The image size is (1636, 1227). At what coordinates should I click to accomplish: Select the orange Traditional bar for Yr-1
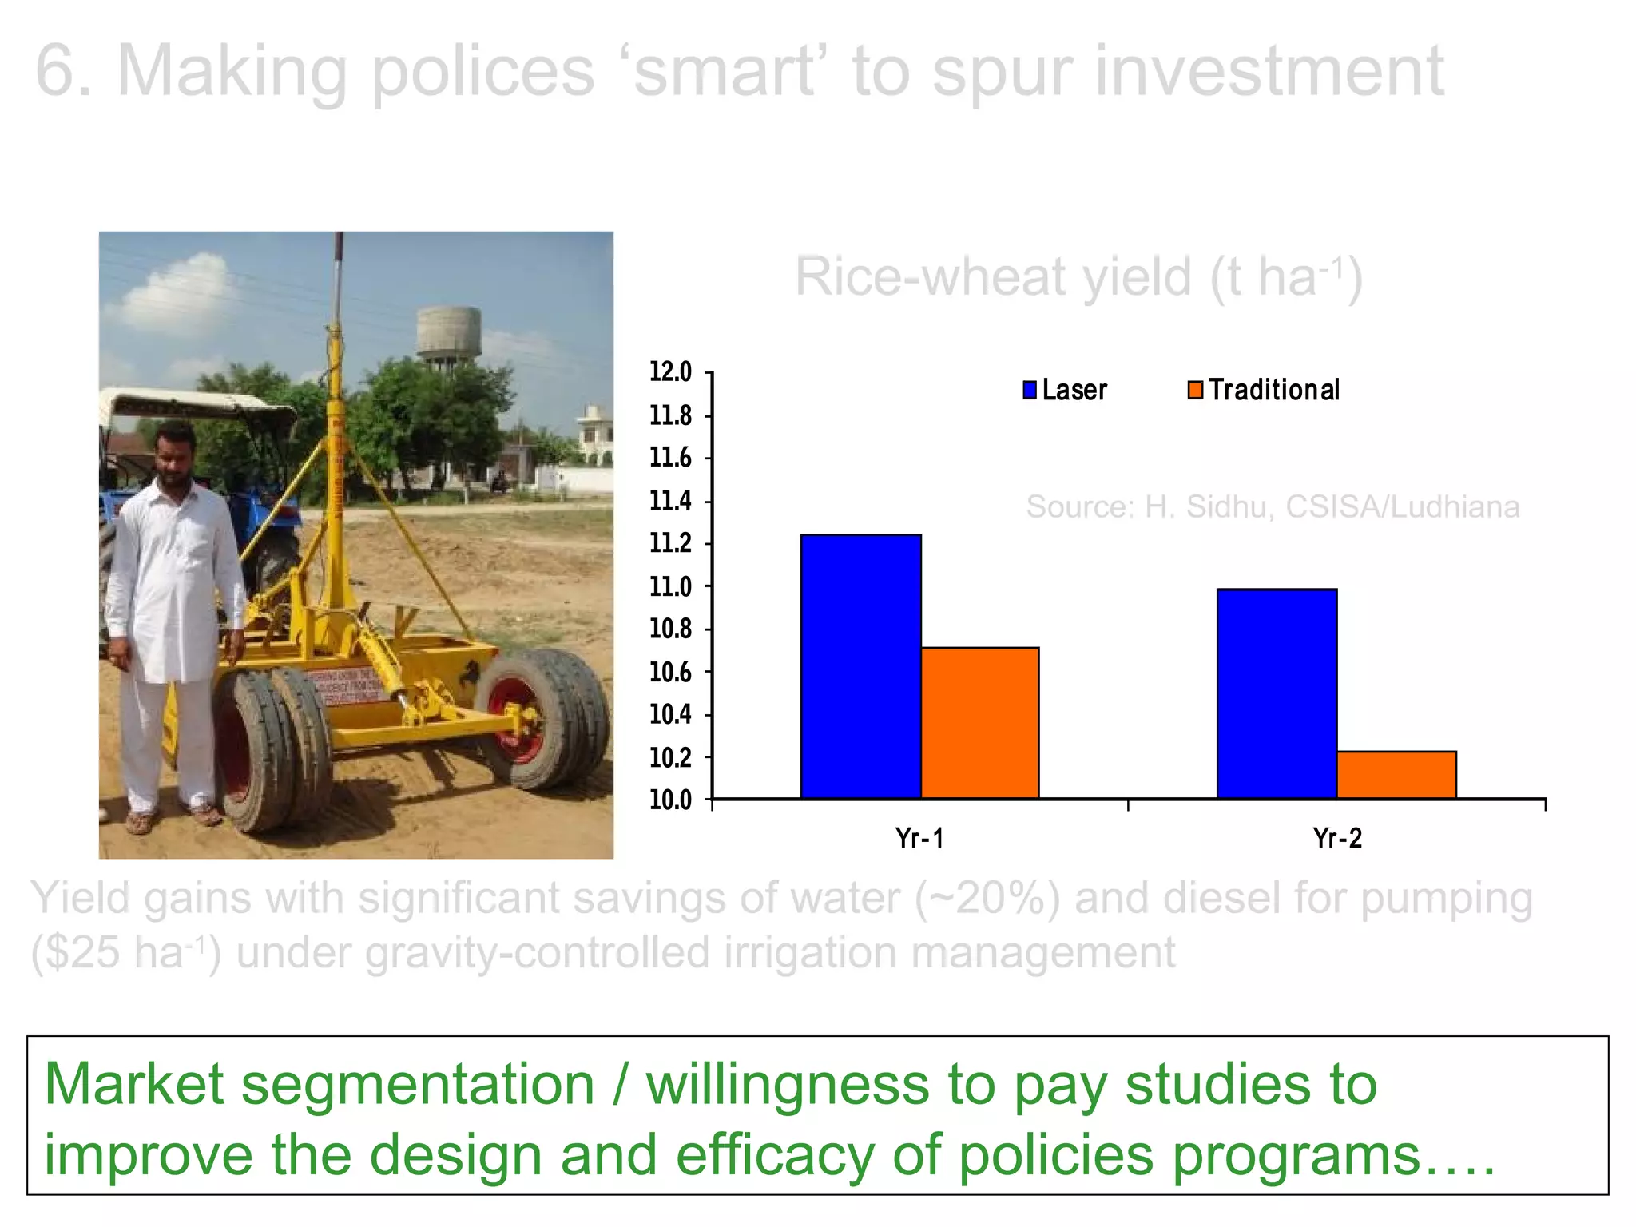[x=980, y=722]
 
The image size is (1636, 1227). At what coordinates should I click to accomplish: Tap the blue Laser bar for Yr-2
[x=1277, y=693]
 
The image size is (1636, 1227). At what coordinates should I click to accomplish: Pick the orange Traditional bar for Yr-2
[x=1396, y=774]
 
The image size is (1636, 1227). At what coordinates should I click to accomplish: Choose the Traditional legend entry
[x=1264, y=390]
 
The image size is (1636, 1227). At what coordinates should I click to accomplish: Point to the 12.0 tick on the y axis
[x=670, y=372]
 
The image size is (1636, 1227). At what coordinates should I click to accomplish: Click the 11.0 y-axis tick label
[x=670, y=586]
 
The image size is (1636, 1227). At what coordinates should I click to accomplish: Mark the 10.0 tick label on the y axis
[x=670, y=800]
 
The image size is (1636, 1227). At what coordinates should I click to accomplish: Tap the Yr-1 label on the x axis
[x=919, y=839]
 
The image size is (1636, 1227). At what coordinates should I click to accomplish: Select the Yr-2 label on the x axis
[x=1337, y=839]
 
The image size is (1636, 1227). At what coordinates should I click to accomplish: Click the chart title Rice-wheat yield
[x=1078, y=277]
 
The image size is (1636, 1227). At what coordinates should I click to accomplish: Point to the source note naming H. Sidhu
[x=1272, y=506]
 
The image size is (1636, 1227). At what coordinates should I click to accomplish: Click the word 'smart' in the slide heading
[x=725, y=72]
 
